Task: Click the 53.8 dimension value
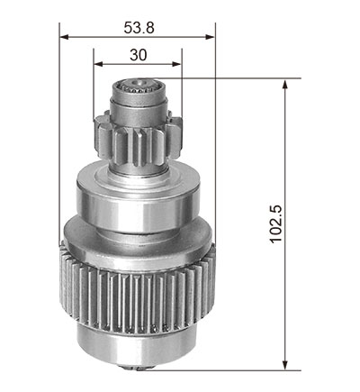point(139,28)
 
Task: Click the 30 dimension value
point(139,55)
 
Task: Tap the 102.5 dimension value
point(275,224)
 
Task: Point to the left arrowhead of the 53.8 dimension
point(65,37)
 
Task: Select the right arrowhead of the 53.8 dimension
point(210,37)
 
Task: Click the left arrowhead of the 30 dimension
point(98,64)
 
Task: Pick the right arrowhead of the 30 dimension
point(176,64)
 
